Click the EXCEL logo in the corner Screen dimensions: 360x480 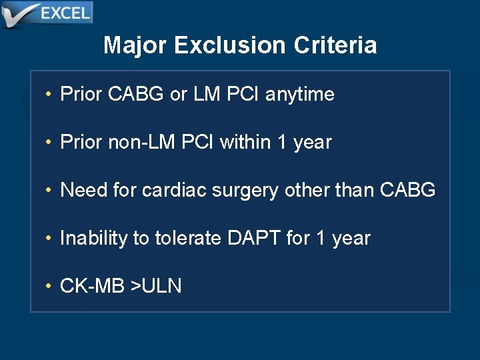(x=47, y=13)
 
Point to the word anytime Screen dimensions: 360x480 (x=299, y=95)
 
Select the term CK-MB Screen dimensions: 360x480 (x=92, y=286)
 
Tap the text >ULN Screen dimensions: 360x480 (x=156, y=286)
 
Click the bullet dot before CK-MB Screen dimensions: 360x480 (x=49, y=286)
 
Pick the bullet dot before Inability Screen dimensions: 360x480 (x=49, y=238)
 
